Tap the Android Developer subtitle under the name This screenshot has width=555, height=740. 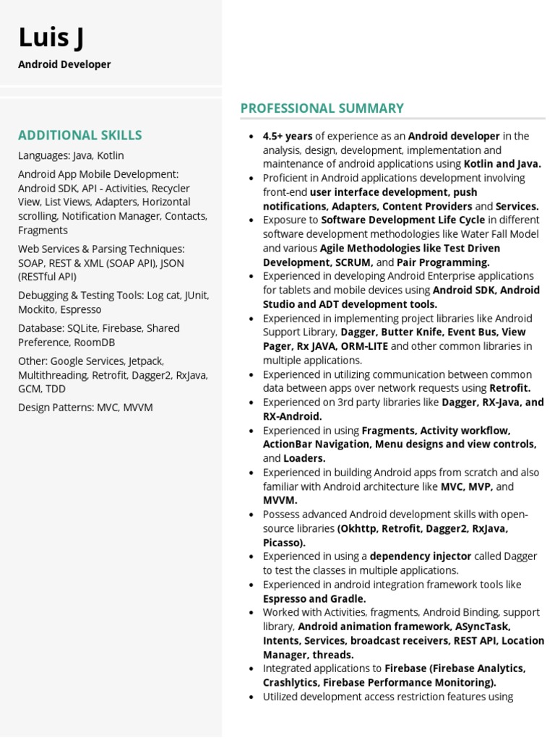tap(64, 64)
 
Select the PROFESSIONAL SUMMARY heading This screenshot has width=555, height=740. tap(322, 108)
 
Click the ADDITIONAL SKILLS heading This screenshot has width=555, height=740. tap(79, 135)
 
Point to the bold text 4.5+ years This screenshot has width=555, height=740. tap(288, 136)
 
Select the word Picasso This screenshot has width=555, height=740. tap(283, 543)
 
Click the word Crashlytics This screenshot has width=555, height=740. tap(291, 683)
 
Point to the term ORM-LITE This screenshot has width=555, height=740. tap(364, 346)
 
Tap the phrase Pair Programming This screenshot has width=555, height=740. tap(443, 262)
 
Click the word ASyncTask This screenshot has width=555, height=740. tap(484, 627)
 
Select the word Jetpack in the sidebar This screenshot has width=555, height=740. tap(146, 361)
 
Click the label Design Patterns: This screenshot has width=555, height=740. tap(56, 408)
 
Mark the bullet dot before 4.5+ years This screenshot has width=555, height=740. tap(251, 136)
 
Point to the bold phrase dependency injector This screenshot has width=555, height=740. tap(421, 556)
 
